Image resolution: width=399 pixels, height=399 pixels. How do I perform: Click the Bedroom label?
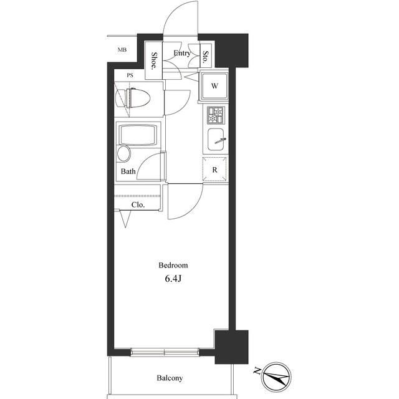point(173,266)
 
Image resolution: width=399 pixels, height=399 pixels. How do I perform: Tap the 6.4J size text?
point(173,279)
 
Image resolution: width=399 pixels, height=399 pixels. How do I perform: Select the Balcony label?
point(170,378)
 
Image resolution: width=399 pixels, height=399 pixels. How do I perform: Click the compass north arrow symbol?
point(277,377)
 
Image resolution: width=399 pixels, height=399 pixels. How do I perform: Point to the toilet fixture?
point(133,99)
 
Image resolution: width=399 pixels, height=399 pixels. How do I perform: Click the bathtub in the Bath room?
point(138,135)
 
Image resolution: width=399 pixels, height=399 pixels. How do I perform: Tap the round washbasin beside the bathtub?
point(124,154)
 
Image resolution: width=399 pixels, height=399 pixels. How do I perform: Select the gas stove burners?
point(216,115)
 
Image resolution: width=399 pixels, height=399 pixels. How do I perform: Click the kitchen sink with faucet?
point(216,140)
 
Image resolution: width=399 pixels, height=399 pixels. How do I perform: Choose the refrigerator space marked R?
point(214,170)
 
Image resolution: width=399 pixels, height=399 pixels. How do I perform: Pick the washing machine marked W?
point(214,86)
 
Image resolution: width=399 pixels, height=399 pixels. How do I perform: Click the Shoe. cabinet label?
point(154,61)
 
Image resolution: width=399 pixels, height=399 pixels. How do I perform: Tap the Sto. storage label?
point(206,57)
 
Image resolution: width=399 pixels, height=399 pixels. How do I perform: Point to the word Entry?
point(182,53)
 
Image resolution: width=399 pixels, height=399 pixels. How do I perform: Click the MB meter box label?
point(122,50)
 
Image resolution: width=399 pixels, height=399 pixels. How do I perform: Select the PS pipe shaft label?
point(130,75)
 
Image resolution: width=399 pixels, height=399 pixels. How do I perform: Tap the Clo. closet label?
point(138,205)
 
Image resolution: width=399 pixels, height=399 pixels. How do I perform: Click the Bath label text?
point(128,171)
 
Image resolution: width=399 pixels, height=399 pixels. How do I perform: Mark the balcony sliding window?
point(165,352)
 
